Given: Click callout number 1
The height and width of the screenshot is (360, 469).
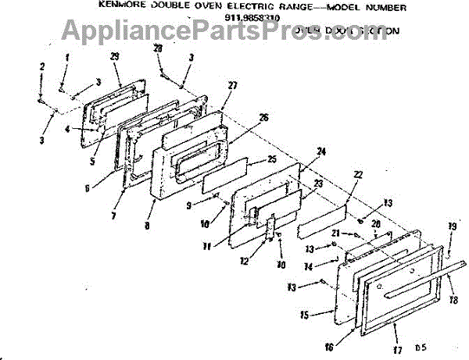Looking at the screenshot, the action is pyautogui.click(x=67, y=57).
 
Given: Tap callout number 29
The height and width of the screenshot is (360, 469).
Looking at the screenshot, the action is pyautogui.click(x=116, y=58).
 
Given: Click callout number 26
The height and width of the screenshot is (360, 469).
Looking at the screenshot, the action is pyautogui.click(x=263, y=118).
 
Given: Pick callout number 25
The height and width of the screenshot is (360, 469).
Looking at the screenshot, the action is pyautogui.click(x=272, y=159).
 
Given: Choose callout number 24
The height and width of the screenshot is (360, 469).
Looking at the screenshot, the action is pyautogui.click(x=321, y=151).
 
